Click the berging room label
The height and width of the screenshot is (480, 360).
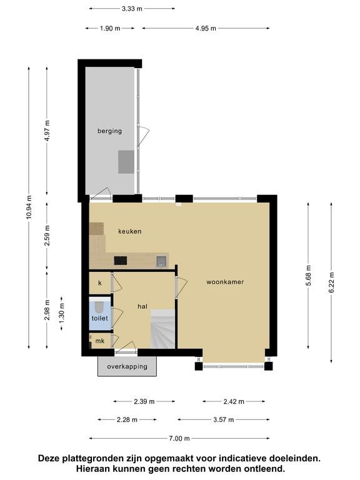[x=109, y=131]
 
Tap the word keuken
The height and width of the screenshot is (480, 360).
[x=130, y=231]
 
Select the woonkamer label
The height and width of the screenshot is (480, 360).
[x=225, y=282]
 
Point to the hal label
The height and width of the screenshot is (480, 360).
[x=142, y=306]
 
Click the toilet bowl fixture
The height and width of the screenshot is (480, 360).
[x=100, y=307]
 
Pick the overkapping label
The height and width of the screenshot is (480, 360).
[x=127, y=366]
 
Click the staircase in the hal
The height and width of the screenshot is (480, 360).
[x=163, y=329]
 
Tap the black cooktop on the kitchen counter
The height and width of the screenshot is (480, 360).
[x=120, y=261]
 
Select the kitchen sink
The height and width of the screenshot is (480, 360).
[x=161, y=261]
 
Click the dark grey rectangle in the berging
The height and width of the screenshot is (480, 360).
[x=126, y=162]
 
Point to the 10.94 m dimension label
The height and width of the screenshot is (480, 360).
[x=29, y=207]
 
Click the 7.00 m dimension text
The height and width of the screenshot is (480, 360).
[x=179, y=438]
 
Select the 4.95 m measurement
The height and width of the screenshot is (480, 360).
[x=206, y=29]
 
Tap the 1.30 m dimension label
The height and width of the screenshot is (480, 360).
[x=62, y=313]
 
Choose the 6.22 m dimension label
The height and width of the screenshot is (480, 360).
[x=331, y=282]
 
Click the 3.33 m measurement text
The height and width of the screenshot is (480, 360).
[x=132, y=9]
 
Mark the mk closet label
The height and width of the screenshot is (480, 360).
[x=100, y=341]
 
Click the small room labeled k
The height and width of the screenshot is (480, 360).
[x=100, y=283]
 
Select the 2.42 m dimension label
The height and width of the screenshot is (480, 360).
[x=234, y=401]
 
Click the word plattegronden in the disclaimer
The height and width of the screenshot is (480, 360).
[x=93, y=459]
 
